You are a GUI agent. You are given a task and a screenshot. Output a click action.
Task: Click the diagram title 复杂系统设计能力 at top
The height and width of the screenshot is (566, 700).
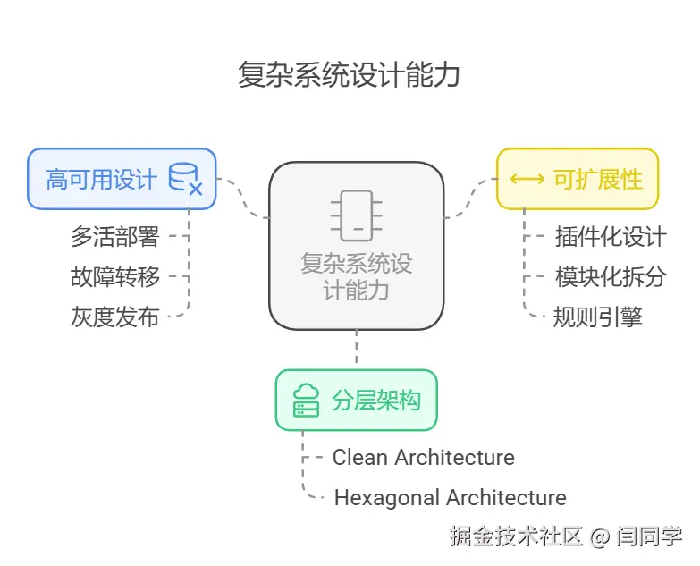349,75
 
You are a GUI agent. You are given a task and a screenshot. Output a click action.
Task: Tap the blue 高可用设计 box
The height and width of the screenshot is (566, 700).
121,179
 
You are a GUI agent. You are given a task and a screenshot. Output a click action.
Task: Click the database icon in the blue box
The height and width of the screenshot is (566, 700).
185,179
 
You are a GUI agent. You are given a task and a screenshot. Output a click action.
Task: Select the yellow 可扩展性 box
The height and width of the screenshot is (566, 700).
577,179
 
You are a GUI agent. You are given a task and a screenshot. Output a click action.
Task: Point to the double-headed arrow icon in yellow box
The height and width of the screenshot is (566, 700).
527,179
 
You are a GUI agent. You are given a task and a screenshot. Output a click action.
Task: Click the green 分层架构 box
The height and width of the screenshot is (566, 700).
356,400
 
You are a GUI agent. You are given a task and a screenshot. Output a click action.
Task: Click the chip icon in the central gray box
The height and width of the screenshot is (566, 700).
356,215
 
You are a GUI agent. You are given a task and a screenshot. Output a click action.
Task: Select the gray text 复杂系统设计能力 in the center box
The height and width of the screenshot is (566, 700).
356,277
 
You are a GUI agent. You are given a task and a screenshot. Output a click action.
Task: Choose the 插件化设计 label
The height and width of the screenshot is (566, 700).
611,237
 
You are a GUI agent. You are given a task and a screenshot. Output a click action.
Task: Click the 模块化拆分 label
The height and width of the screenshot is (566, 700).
611,277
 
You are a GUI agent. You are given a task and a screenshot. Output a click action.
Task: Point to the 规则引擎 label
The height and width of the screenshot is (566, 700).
597,317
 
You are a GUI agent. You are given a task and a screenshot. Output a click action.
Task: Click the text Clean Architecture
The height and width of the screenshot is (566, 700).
423,458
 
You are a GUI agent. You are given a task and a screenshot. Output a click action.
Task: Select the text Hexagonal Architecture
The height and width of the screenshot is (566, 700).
450,498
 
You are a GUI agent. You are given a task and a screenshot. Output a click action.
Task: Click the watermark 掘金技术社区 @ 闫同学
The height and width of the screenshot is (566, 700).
566,536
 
